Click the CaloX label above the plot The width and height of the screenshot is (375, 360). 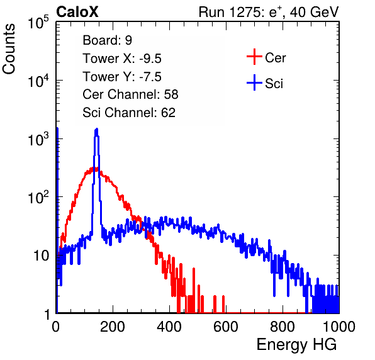pyautogui.click(x=77, y=12)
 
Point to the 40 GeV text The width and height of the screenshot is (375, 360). pyautogui.click(x=315, y=12)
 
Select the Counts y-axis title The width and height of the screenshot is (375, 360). pyautogui.click(x=9, y=48)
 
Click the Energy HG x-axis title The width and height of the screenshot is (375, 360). pyautogui.click(x=296, y=345)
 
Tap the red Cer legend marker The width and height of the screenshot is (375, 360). pyautogui.click(x=254, y=57)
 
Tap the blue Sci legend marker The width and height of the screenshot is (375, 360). pyautogui.click(x=254, y=82)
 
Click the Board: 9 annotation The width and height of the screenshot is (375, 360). pyautogui.click(x=107, y=40)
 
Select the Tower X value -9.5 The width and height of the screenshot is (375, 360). pyautogui.click(x=150, y=59)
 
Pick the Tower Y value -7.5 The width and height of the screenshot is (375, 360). pyautogui.click(x=150, y=77)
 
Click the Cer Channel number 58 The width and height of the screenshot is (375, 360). pyautogui.click(x=171, y=94)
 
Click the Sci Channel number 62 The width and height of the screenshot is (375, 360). pyautogui.click(x=168, y=113)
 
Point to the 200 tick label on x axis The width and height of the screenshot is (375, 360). pyautogui.click(x=113, y=327)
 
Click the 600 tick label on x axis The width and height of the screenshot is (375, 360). pyautogui.click(x=226, y=327)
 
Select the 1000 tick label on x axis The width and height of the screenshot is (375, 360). pyautogui.click(x=339, y=327)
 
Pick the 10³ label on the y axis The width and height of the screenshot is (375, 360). pyautogui.click(x=38, y=139)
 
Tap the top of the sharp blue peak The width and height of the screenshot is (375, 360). pyautogui.click(x=96, y=129)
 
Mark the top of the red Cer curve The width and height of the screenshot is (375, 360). pyautogui.click(x=93, y=169)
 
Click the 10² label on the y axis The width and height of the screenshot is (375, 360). pyautogui.click(x=38, y=198)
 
